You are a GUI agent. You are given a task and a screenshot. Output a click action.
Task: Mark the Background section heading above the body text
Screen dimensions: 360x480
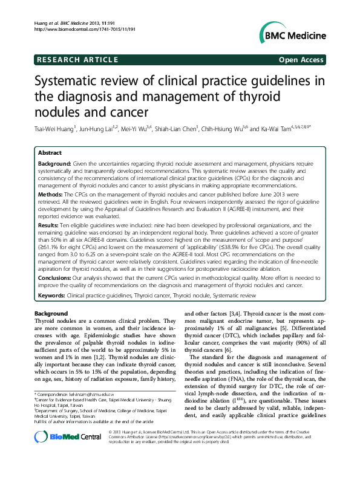pyautogui.click(x=51, y=314)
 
